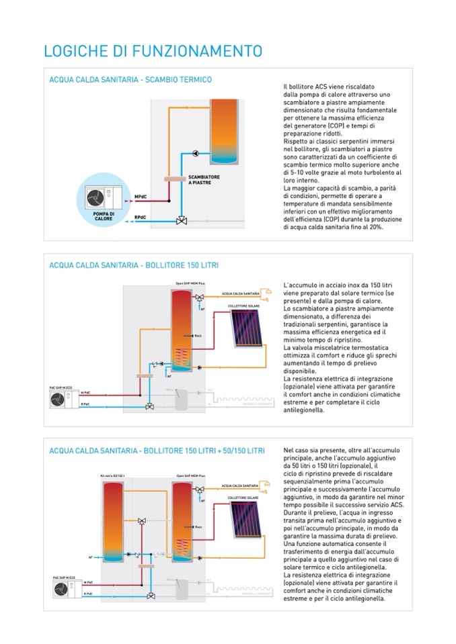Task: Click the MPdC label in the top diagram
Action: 141,196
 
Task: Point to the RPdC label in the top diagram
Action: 141,218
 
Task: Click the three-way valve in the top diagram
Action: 180,220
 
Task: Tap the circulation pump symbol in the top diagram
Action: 195,153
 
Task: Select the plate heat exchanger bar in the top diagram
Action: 176,179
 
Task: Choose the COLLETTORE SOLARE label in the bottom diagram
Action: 241,497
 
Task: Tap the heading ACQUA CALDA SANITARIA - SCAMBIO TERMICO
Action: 130,79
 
